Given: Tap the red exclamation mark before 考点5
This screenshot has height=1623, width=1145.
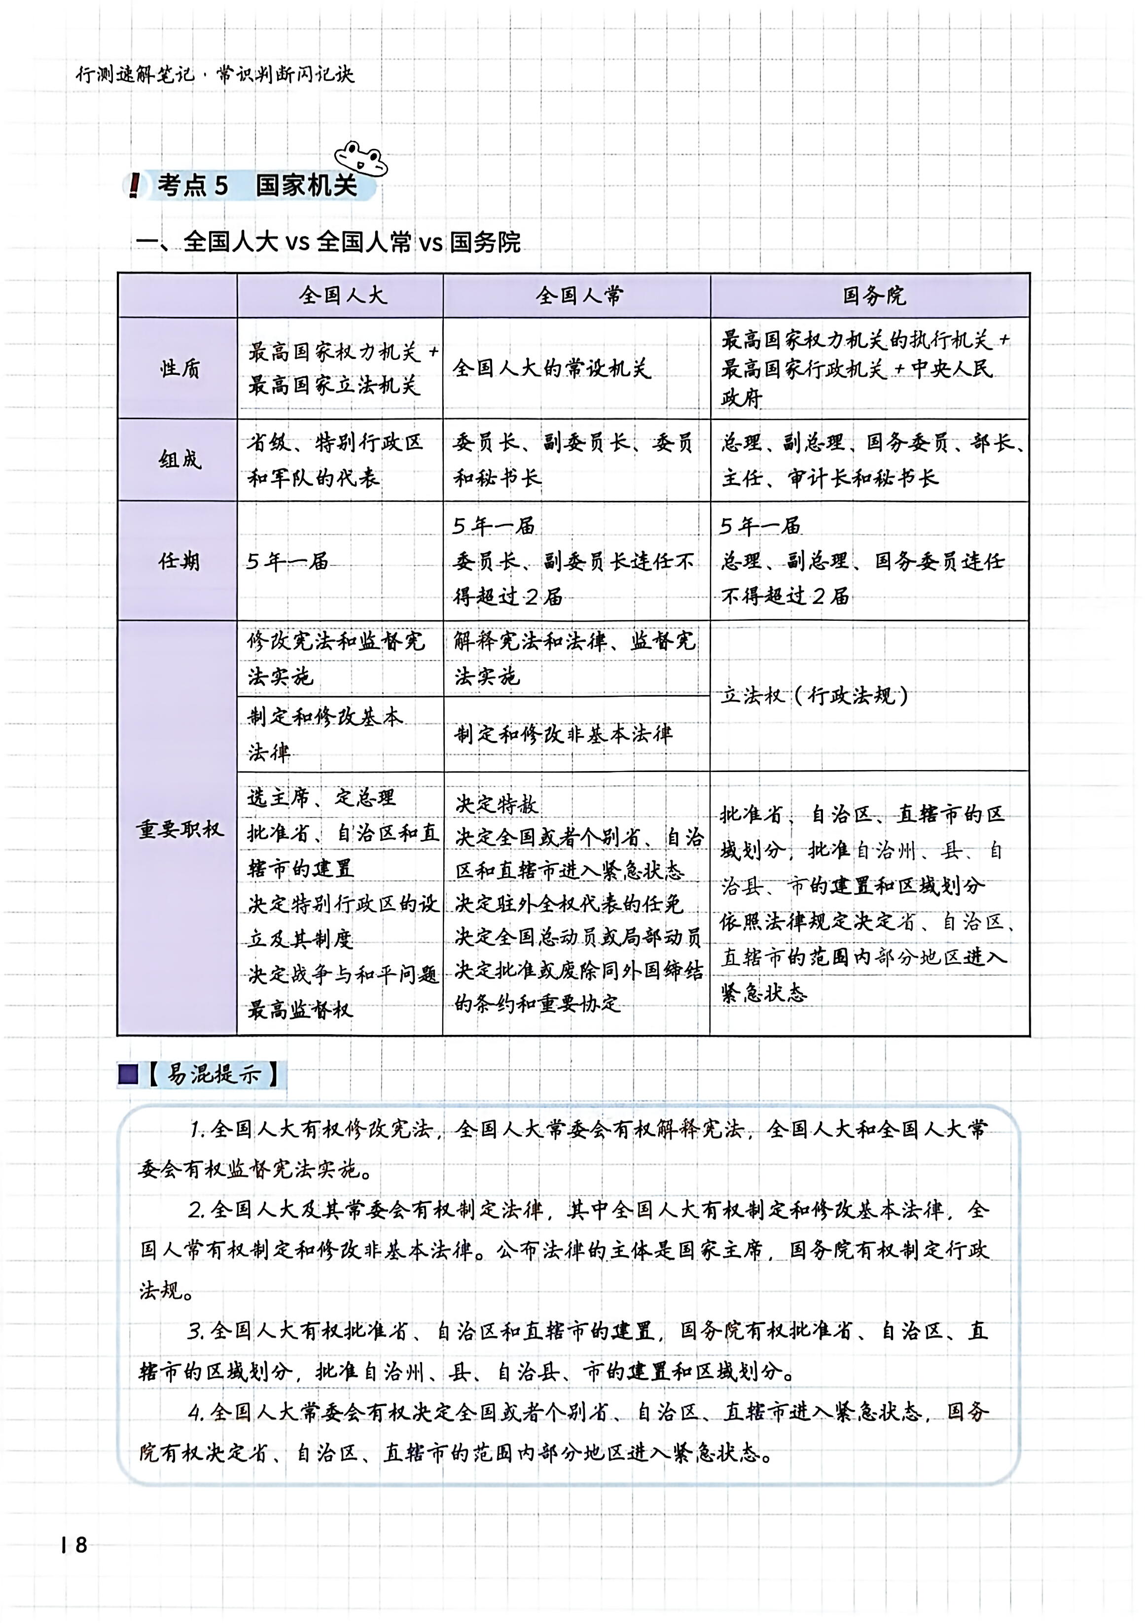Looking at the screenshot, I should point(134,186).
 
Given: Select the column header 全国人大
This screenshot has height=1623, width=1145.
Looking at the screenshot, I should point(342,295).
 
